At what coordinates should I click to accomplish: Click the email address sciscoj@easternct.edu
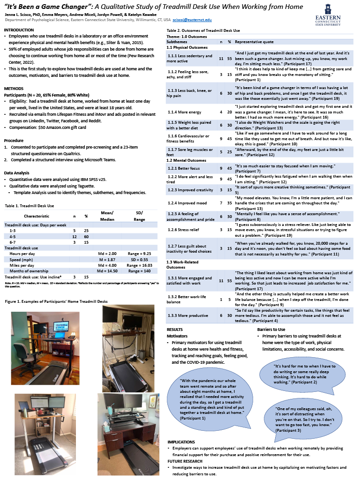point(192,20)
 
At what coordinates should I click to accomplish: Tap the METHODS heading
point(13,89)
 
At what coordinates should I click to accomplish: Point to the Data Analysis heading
point(17,172)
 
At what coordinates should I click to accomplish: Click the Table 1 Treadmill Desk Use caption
point(29,206)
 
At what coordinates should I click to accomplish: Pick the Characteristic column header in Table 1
point(36,216)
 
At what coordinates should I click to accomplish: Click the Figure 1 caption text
point(56,301)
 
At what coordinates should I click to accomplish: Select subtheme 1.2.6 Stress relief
point(186,230)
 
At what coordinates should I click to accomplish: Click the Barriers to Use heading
point(271,330)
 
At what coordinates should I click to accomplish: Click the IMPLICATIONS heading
point(182,442)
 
